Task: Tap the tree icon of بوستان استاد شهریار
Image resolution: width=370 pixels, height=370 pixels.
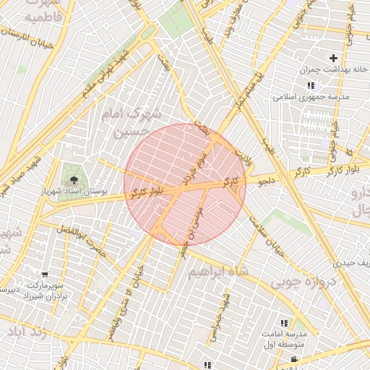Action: point(72,174)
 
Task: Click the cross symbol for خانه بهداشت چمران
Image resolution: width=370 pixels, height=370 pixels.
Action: point(333,58)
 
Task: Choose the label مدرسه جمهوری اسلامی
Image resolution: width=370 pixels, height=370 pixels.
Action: point(311,96)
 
